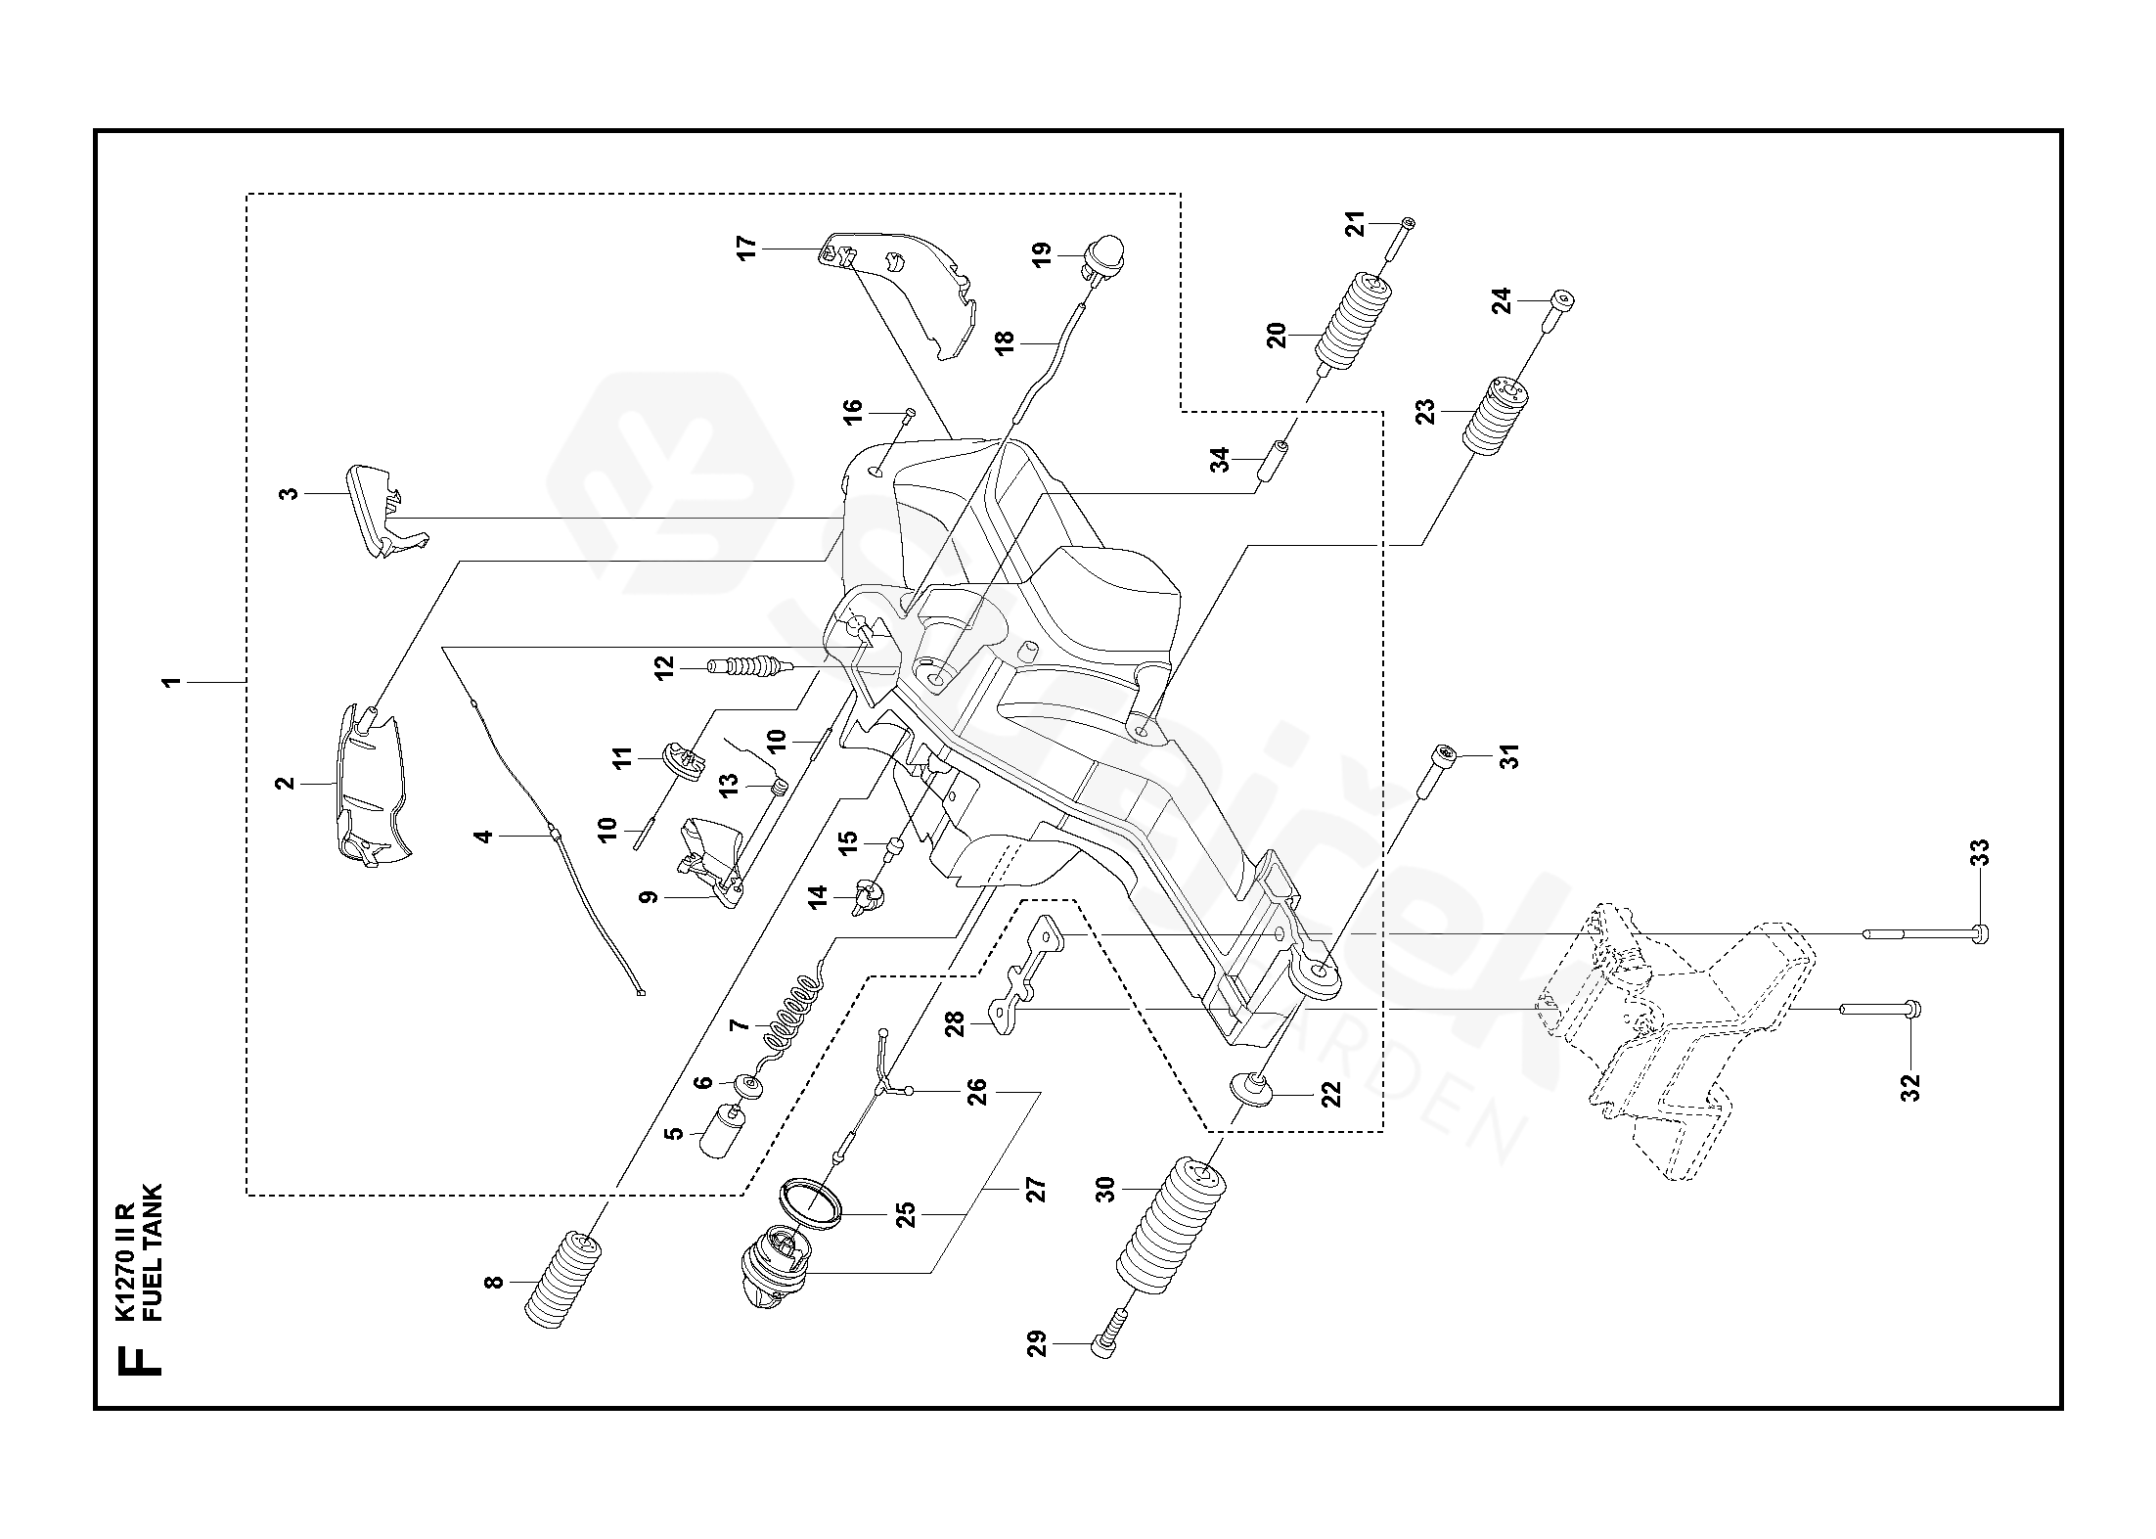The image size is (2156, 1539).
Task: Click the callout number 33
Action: click(1980, 853)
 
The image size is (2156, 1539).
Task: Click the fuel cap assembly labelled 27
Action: click(773, 1272)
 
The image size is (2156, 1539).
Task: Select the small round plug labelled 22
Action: click(1248, 1087)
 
